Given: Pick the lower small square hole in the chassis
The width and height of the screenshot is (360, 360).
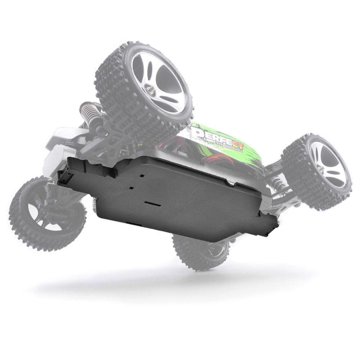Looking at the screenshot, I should click(132, 188).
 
